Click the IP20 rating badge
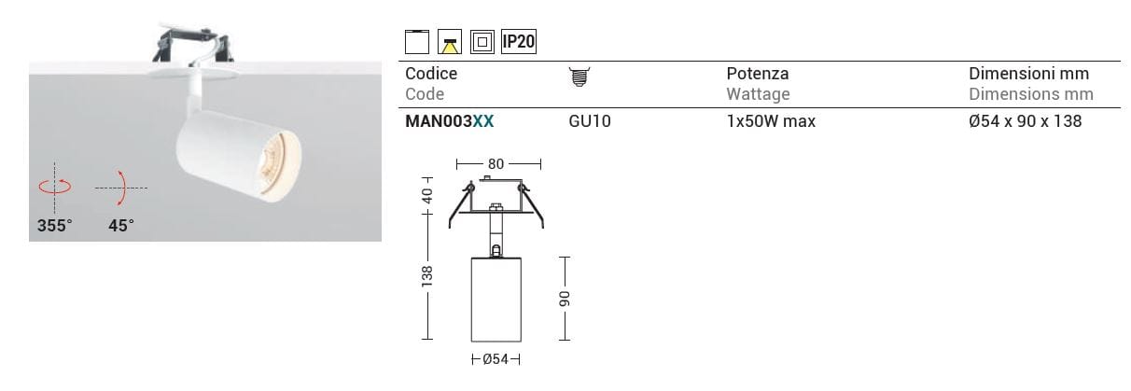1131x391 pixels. tap(518, 41)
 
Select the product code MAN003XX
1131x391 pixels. tap(450, 121)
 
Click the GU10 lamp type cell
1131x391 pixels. tap(590, 121)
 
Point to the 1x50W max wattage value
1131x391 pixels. tap(771, 121)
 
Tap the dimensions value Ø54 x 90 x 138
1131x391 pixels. tap(1026, 121)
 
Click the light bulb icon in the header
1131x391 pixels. tap(579, 77)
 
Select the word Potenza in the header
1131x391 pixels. tap(758, 74)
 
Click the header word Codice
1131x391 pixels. tap(431, 74)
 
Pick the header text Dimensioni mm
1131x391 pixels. tap(1028, 74)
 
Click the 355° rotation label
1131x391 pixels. tap(55, 225)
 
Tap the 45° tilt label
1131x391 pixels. tap(120, 225)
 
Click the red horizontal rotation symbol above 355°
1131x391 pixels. tap(55, 186)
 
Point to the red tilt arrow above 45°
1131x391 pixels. tap(120, 187)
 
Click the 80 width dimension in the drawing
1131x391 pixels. tap(496, 164)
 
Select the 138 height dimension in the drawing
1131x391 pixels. tap(427, 276)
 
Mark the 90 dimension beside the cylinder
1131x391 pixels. tap(563, 298)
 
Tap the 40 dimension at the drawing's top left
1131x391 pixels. tap(427, 196)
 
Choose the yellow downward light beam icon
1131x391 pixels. tap(450, 42)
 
